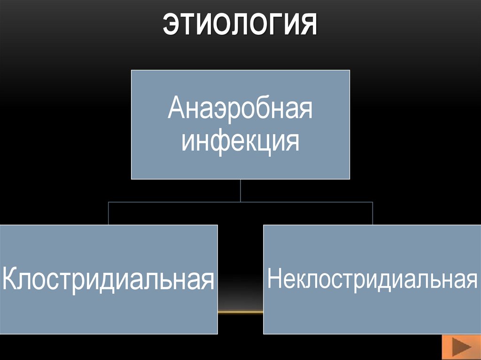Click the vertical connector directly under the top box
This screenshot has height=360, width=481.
tap(240, 191)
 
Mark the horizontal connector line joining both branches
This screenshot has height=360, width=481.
tap(240, 202)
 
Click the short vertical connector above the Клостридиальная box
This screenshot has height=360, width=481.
tap(109, 214)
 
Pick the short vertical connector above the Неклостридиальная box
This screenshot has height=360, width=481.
tap(372, 214)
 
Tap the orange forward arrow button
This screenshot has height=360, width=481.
tap(461, 348)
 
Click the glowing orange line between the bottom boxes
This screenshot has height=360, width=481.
tap(240, 312)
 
